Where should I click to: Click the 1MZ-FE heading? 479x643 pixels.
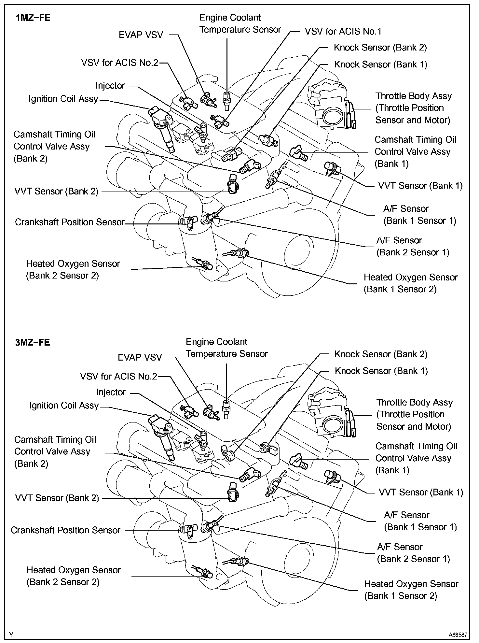point(33,18)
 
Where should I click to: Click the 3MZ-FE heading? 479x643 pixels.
point(33,342)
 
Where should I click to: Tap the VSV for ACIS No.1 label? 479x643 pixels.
point(343,32)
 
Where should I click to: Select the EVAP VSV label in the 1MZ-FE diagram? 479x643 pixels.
point(141,35)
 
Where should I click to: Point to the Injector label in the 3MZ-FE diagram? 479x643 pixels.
point(111,392)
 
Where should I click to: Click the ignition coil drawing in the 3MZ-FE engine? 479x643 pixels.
point(162,435)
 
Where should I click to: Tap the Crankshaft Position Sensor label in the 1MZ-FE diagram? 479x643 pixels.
point(70,222)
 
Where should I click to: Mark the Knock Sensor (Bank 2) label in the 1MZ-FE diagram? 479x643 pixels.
point(380,48)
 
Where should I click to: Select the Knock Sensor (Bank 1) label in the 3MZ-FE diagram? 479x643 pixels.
point(381,371)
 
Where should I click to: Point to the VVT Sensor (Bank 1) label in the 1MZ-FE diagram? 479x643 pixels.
point(420,186)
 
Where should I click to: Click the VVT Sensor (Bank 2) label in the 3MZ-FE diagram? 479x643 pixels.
point(57,498)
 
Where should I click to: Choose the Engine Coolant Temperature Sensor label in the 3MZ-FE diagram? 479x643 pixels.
point(226,348)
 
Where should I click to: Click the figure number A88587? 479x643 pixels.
point(458,635)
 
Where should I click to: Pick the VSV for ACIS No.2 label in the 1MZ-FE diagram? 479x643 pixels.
point(119,63)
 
